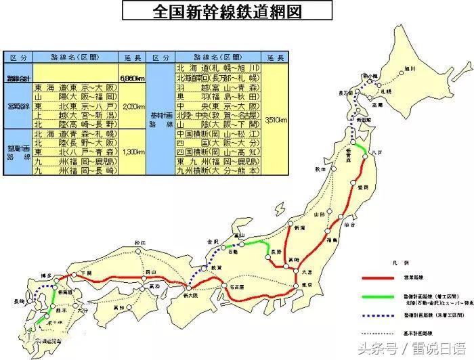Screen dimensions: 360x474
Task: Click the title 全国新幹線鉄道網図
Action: click(x=228, y=12)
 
